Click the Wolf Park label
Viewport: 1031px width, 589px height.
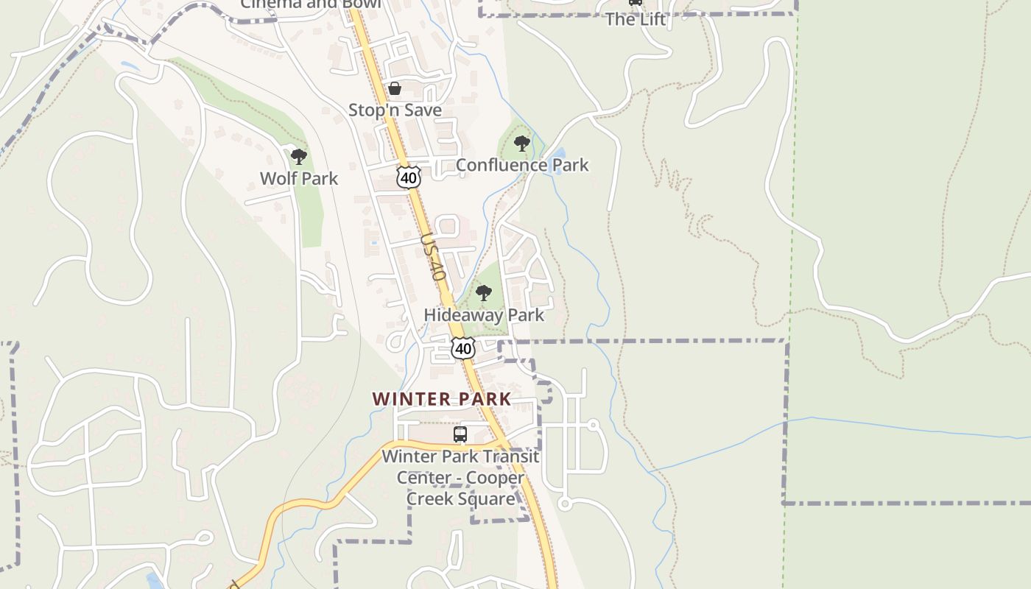299,178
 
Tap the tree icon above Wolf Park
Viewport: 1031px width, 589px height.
298,156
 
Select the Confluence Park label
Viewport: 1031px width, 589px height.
522,165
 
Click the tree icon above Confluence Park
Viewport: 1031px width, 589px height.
522,143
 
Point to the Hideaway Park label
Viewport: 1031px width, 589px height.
484,315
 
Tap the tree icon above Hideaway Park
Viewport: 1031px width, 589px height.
483,293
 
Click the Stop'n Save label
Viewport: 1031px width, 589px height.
395,110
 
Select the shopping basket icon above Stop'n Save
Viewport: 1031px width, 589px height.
395,88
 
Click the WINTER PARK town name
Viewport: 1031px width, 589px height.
442,399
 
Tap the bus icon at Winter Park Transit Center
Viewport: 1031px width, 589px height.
460,434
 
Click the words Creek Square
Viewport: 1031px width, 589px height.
461,499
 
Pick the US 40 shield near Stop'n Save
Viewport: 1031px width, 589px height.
408,177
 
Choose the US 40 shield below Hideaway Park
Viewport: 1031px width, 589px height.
463,348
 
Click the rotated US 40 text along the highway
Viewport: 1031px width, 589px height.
434,258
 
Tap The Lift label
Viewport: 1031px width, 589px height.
636,20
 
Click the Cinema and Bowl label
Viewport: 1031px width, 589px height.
311,4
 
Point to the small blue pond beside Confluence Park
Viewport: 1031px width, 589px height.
559,155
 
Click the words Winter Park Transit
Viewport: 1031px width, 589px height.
460,456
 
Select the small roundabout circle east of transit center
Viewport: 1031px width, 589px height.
565,504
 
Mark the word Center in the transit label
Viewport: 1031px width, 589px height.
423,478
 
